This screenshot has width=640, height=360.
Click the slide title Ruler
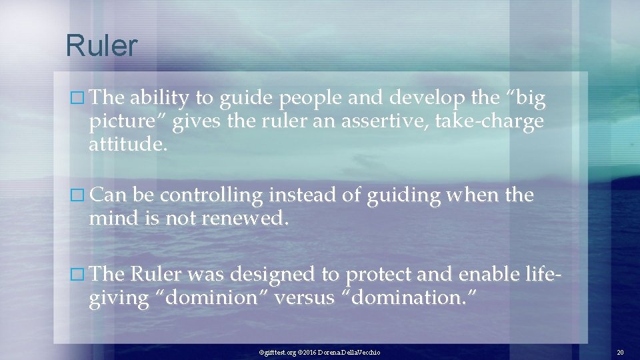point(101,46)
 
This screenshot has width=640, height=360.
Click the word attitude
point(126,146)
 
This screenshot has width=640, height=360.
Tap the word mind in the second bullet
point(111,219)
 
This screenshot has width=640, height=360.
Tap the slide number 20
point(619,351)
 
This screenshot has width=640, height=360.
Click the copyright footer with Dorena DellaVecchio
point(319,351)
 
